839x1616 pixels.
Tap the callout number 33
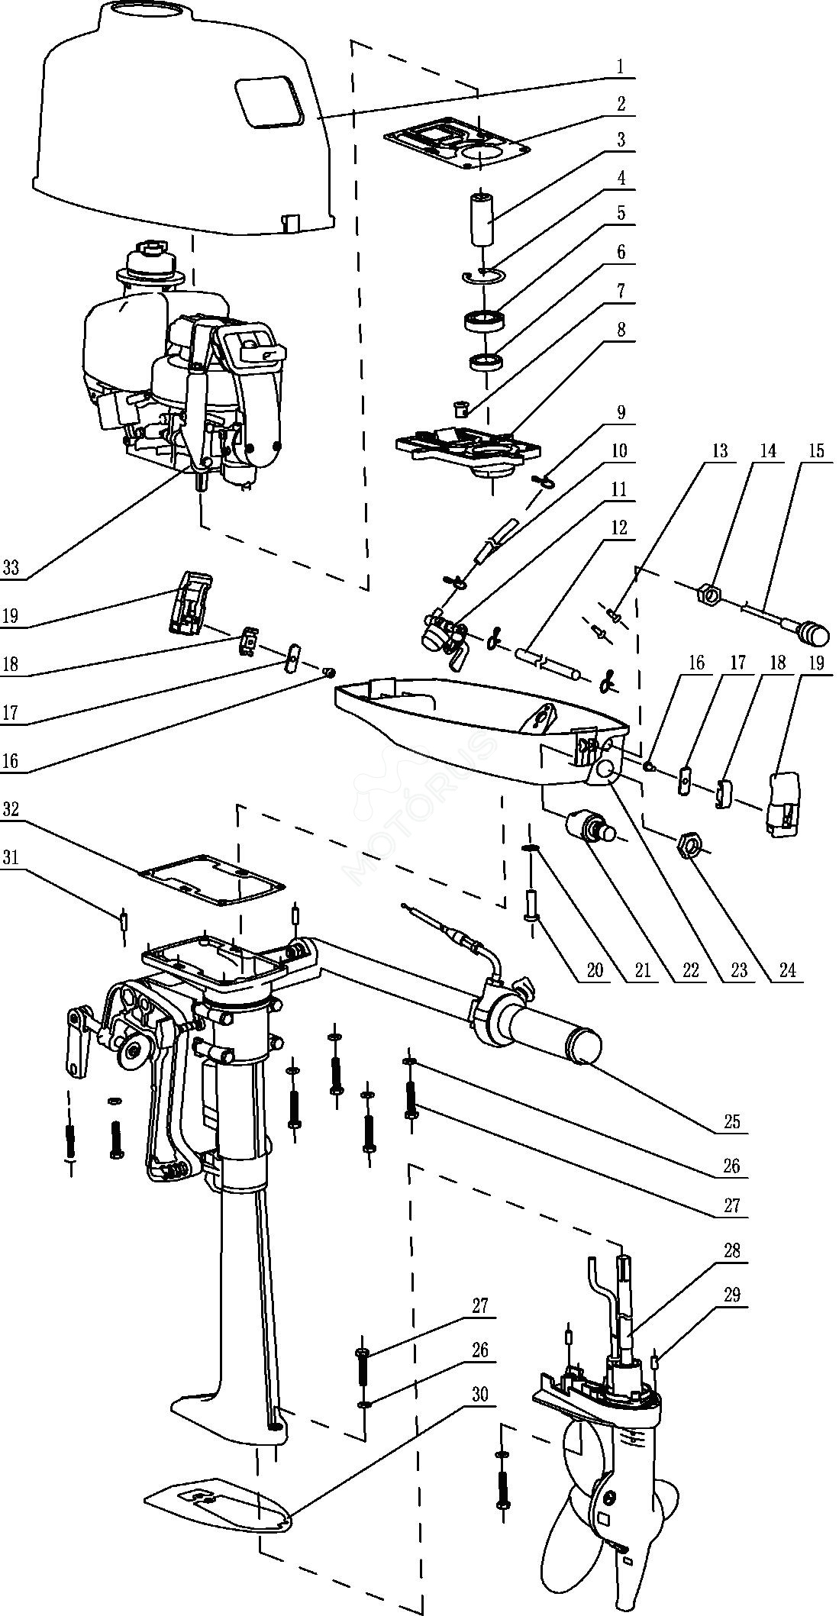(x=11, y=568)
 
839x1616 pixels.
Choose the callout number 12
(x=618, y=527)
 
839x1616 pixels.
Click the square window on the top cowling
(x=266, y=100)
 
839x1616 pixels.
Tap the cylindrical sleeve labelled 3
(x=482, y=219)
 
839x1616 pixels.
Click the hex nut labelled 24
(x=689, y=843)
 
